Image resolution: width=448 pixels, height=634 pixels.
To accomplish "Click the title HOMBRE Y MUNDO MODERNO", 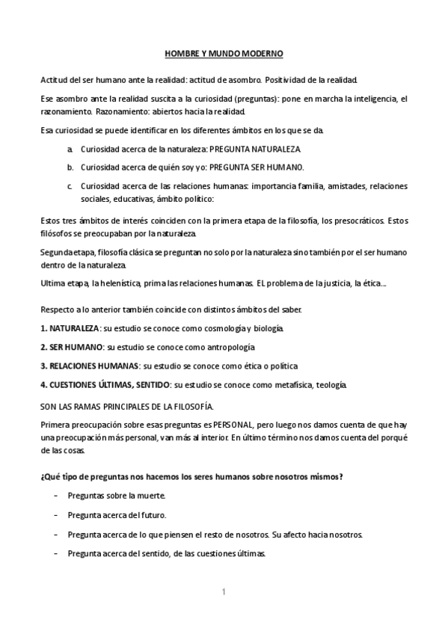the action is click(224, 55).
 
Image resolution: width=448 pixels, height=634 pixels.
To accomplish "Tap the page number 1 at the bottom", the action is click(224, 592).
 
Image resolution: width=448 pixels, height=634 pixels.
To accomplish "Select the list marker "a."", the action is click(70, 150).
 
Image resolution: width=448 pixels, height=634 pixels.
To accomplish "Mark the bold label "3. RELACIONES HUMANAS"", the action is click(89, 366).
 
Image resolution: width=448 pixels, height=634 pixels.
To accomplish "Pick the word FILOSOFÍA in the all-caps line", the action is click(189, 405).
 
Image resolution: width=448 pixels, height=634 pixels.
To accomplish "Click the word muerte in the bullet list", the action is click(150, 496).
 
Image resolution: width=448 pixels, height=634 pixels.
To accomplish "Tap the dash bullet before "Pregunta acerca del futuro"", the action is click(56, 515).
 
